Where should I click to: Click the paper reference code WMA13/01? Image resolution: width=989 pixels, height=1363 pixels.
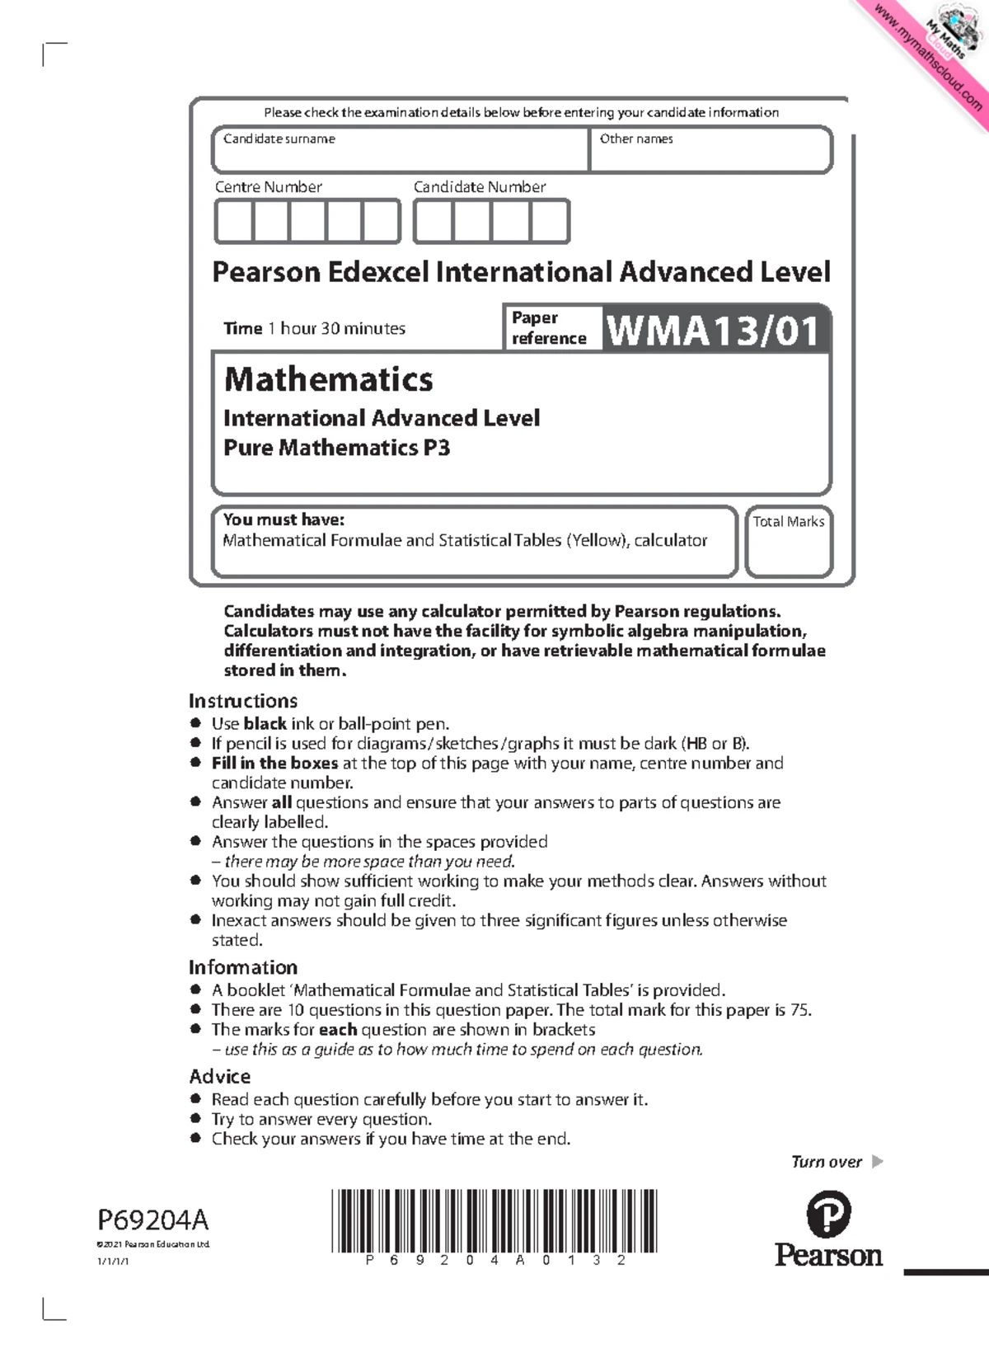(714, 331)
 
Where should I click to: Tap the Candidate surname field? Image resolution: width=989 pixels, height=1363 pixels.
(401, 149)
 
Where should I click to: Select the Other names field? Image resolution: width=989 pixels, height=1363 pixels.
(710, 149)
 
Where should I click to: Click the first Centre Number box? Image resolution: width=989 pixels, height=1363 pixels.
(233, 222)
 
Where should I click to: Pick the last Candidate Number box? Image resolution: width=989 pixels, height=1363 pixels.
(550, 222)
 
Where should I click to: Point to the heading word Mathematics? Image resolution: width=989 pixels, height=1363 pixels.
(328, 379)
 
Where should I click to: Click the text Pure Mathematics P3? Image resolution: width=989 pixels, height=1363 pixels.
(336, 448)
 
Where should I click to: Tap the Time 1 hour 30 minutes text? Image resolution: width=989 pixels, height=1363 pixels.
(314, 329)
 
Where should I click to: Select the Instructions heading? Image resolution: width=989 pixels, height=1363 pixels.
(242, 701)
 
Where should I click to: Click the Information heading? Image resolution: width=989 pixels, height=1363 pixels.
(242, 967)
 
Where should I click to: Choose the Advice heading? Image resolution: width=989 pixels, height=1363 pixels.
(219, 1076)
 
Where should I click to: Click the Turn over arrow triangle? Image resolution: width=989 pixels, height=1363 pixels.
(877, 1162)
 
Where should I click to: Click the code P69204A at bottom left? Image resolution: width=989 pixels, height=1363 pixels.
(152, 1220)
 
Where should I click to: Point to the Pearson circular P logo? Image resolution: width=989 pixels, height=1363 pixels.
(827, 1213)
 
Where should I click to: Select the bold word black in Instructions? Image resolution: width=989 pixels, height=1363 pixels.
(265, 724)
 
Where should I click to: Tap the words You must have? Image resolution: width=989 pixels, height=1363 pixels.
(284, 519)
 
